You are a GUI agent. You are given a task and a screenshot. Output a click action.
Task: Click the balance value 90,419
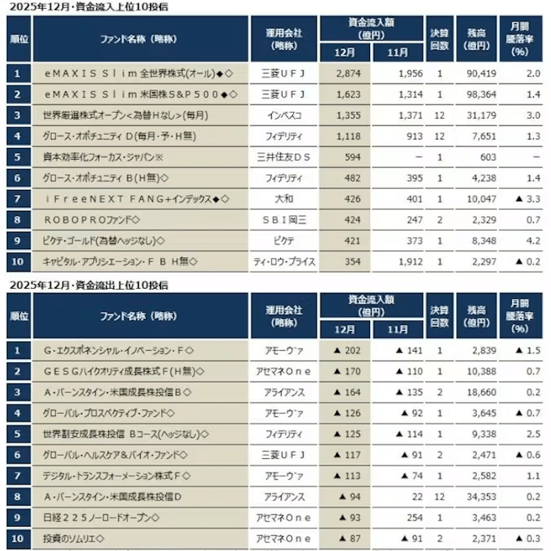pos(481,74)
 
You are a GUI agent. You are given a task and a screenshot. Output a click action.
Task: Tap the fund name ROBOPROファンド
pos(91,220)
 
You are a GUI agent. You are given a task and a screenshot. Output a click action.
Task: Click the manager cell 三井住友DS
pos(283,157)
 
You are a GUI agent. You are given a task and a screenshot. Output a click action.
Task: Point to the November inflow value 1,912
pos(410,262)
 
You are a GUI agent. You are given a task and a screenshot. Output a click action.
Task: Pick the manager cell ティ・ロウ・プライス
pos(284,262)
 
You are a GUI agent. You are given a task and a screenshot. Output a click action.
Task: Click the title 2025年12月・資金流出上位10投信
pos(89,285)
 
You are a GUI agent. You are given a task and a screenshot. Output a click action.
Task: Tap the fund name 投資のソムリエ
pos(73,538)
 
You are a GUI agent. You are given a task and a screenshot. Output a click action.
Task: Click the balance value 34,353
pos(481,497)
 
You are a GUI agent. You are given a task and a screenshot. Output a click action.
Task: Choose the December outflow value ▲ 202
pos(347,350)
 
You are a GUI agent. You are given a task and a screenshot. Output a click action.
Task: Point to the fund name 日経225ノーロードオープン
pos(101,518)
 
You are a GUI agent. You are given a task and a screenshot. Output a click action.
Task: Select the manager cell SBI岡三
pos(284,220)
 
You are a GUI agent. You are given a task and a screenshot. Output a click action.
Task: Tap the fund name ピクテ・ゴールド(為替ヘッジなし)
pos(103,241)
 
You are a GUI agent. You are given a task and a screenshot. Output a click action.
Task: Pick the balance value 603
pos(488,157)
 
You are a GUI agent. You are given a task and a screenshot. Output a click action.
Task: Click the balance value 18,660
pos(481,392)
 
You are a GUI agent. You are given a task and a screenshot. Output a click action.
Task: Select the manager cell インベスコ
pos(284,115)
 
